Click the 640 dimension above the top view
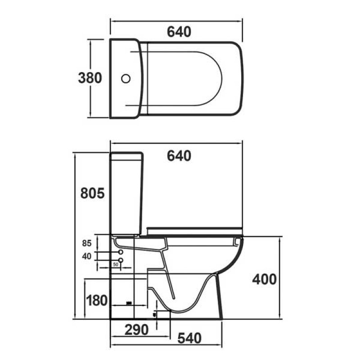point(179,32)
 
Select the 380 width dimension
point(90,78)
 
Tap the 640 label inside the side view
point(179,156)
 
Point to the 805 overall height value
point(92,193)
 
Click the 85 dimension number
point(86,243)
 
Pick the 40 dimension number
point(86,256)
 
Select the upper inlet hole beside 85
point(121,253)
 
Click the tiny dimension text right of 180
point(129,303)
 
